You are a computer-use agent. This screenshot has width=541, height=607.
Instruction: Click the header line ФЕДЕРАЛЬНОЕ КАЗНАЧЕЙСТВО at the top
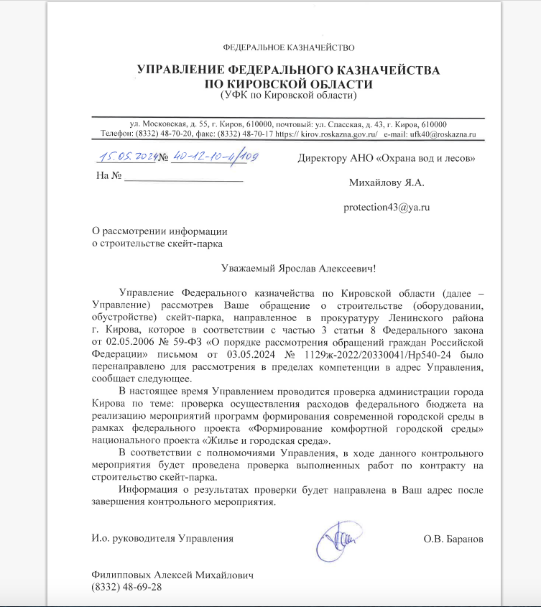point(289,47)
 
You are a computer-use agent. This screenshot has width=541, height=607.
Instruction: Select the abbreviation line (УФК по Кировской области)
point(289,95)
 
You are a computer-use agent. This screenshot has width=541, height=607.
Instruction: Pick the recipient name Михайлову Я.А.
point(387,182)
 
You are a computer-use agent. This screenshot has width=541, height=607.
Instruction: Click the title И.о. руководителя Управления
point(162,538)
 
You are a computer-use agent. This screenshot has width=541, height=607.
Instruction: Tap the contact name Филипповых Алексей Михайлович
point(172,576)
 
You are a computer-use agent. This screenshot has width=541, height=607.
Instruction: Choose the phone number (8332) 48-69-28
point(126,588)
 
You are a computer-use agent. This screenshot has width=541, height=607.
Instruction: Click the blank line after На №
point(183,177)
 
